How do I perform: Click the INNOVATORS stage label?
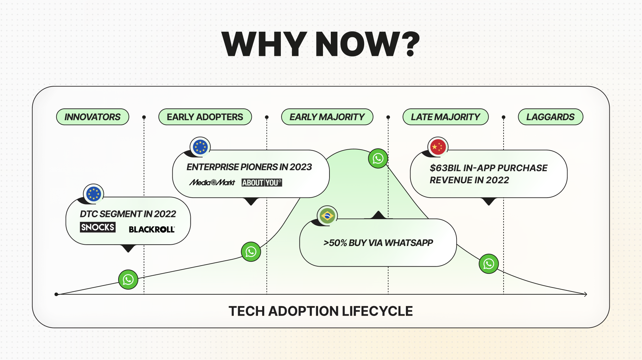[x=92, y=117]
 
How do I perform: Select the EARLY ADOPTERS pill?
[x=205, y=117]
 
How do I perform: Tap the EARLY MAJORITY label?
[x=327, y=117]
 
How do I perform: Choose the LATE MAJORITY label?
[x=445, y=117]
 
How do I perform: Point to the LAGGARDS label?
[x=550, y=117]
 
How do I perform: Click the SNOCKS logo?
[x=98, y=227]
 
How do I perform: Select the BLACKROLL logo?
[x=152, y=229]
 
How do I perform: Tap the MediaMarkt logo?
[x=212, y=182]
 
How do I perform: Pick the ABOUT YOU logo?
[x=262, y=183]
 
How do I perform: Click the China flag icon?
[x=438, y=147]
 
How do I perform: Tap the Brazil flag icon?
[x=327, y=216]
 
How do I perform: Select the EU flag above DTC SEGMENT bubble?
[x=93, y=194]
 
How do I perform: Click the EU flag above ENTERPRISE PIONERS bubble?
[x=200, y=147]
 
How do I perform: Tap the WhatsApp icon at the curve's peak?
[x=378, y=158]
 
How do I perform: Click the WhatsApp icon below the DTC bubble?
[x=128, y=279]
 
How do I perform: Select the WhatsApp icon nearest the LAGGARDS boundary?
[x=489, y=264]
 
